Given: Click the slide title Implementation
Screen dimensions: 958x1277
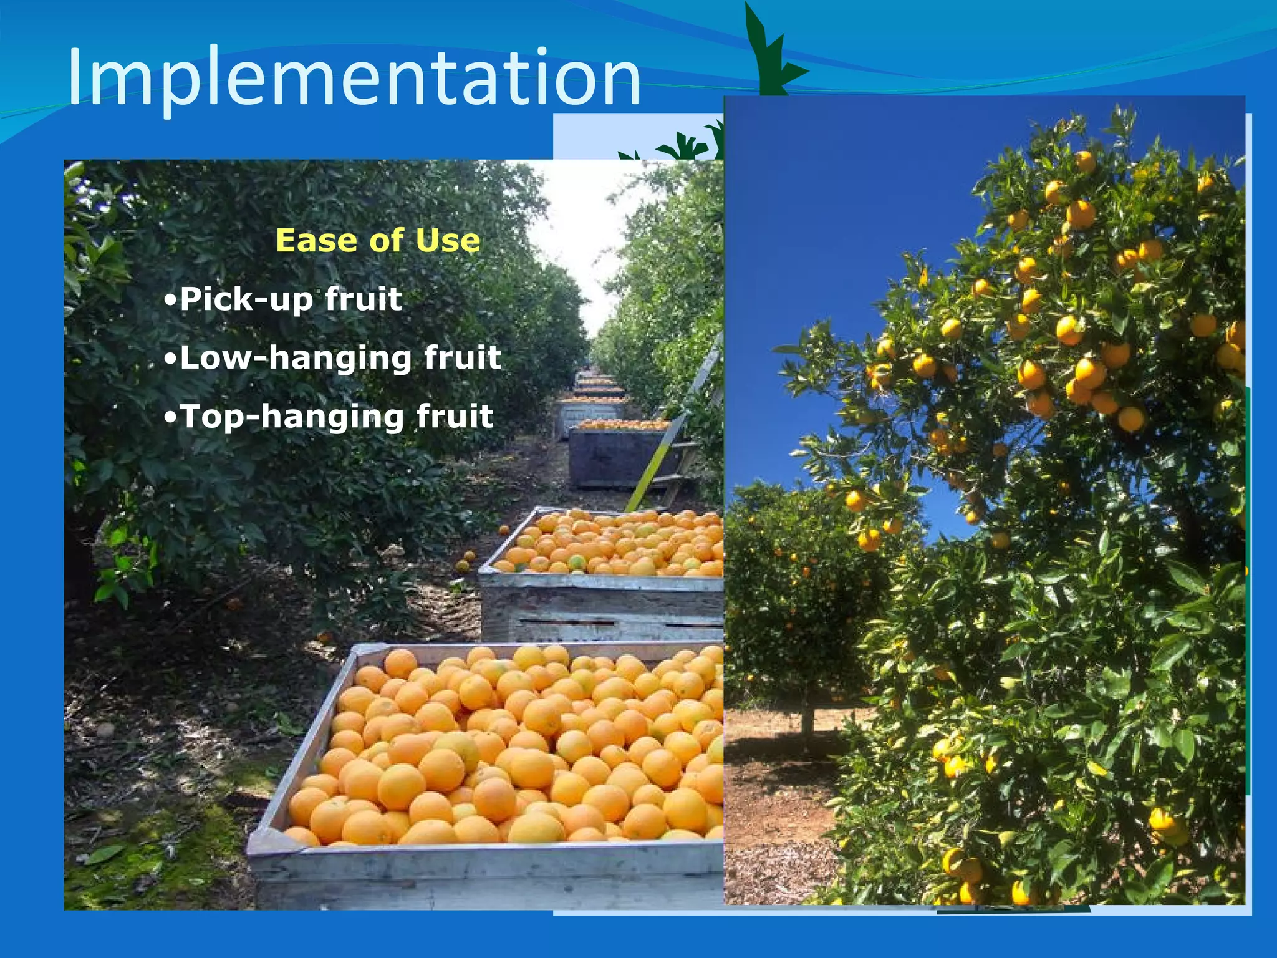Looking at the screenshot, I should click(x=354, y=77).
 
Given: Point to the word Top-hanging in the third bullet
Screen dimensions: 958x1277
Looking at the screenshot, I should click(x=292, y=417).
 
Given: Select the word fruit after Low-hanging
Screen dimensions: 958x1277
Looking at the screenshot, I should click(x=462, y=357).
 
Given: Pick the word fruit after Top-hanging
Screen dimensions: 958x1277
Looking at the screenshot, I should click(x=455, y=416).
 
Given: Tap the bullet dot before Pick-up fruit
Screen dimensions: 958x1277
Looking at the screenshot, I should click(x=170, y=300).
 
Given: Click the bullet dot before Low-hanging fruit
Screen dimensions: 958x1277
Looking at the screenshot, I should click(x=170, y=359).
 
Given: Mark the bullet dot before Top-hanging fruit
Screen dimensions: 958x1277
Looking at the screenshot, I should click(x=170, y=417).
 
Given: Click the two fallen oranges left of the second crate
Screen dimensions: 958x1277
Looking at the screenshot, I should click(x=465, y=561).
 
